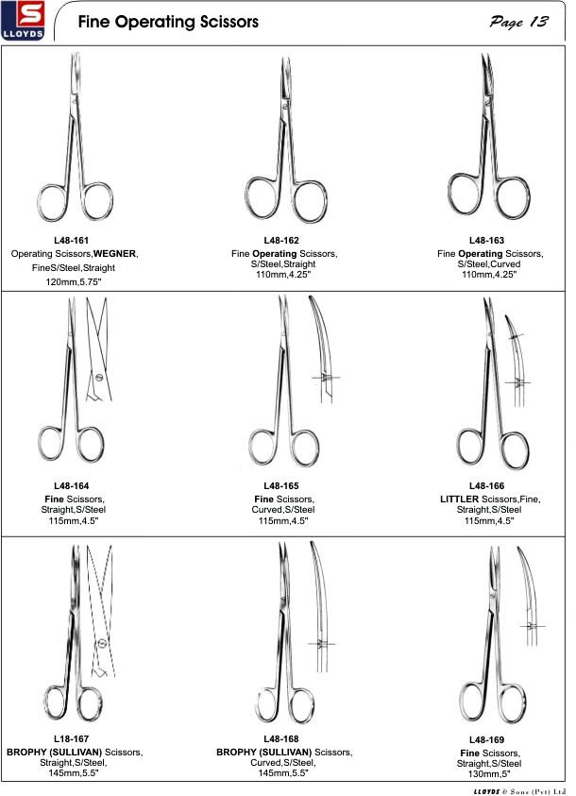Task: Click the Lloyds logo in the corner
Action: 23,21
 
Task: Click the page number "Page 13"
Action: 518,22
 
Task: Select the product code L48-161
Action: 71,240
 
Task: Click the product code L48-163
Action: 486,240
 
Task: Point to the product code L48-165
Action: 280,486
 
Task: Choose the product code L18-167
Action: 71,738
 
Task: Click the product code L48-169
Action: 486,739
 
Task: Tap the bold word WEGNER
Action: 115,253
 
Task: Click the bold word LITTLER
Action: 459,499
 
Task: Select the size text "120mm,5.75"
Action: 73,281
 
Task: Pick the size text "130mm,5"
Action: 489,774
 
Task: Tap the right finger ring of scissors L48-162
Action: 326,202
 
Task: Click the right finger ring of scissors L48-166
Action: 528,450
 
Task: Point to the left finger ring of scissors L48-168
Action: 257,705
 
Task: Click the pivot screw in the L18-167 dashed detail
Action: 103,642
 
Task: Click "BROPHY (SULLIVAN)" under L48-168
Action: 263,752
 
